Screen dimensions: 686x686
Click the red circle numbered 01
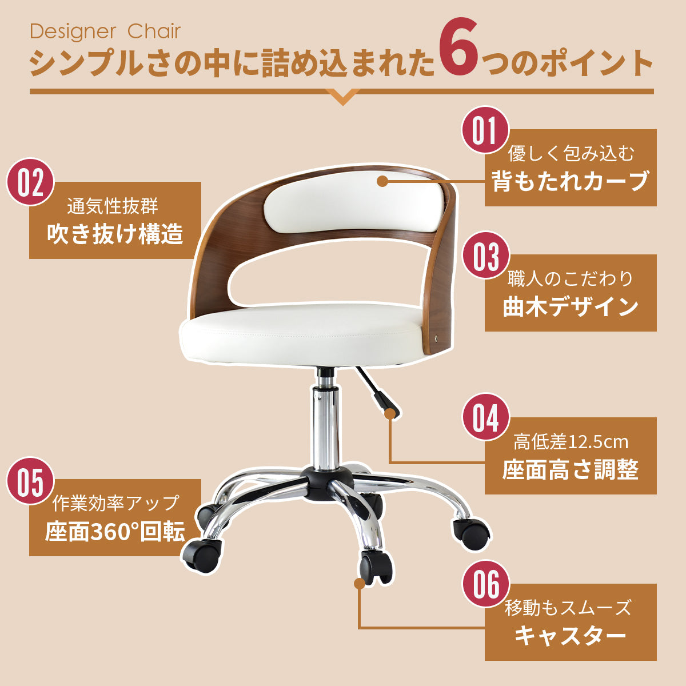coord(485,130)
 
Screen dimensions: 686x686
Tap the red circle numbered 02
coord(30,182)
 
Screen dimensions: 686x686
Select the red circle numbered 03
coord(485,256)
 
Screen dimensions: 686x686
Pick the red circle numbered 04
coord(485,417)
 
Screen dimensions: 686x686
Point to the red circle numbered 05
coord(30,481)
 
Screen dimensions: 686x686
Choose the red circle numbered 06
coord(485,585)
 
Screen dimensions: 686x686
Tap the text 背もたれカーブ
coord(571,181)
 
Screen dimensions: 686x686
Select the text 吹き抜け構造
coord(115,234)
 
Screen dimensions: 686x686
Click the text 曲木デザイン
coord(571,306)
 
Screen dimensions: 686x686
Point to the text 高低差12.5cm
coord(571,442)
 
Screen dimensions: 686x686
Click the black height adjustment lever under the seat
coord(377,394)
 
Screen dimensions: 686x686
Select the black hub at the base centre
coord(327,482)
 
